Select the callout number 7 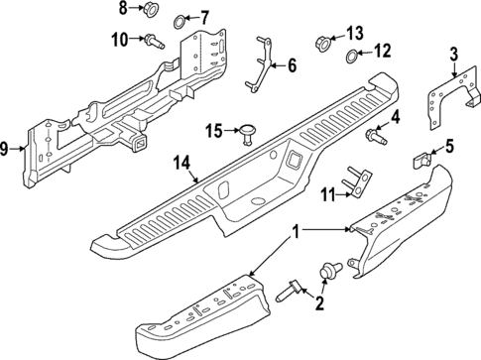click(x=204, y=17)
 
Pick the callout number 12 click(x=382, y=51)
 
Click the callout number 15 click(x=213, y=131)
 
